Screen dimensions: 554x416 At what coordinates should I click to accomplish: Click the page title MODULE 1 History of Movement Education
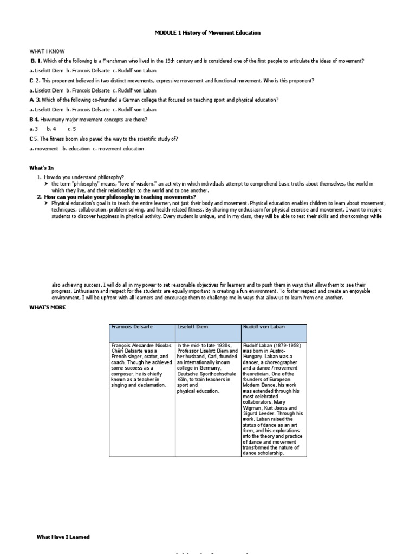point(207,33)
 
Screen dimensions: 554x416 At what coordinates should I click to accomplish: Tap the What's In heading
point(42,168)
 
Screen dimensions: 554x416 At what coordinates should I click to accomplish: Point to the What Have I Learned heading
point(63,537)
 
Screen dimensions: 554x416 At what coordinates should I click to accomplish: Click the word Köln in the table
point(183,380)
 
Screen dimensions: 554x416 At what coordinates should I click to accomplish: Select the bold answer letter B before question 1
point(32,61)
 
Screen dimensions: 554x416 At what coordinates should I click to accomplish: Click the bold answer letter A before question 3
point(31,100)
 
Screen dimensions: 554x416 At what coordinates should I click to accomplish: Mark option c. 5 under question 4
point(72,129)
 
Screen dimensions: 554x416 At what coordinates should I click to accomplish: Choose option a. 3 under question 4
point(34,129)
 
